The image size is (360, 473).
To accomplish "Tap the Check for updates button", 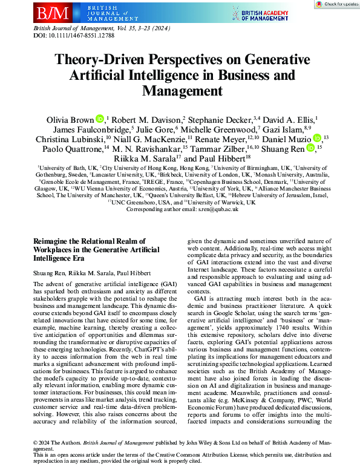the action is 336,4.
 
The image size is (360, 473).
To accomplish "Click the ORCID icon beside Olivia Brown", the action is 100,118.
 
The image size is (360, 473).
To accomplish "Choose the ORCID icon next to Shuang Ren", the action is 310,148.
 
